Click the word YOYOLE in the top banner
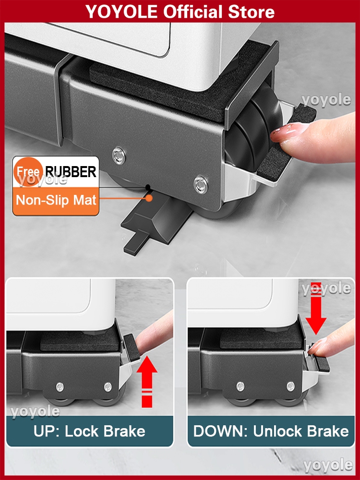[121, 12]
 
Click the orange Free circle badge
[28, 172]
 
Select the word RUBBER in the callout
[71, 172]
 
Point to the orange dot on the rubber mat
[149, 198]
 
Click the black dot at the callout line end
[148, 187]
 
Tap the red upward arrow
[147, 381]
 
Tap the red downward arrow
[316, 308]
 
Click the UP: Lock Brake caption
[89, 432]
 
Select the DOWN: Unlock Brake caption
[271, 432]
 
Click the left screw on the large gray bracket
[119, 155]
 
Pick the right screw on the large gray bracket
[201, 184]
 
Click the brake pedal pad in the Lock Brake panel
[132, 347]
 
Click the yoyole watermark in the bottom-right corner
[328, 465]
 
